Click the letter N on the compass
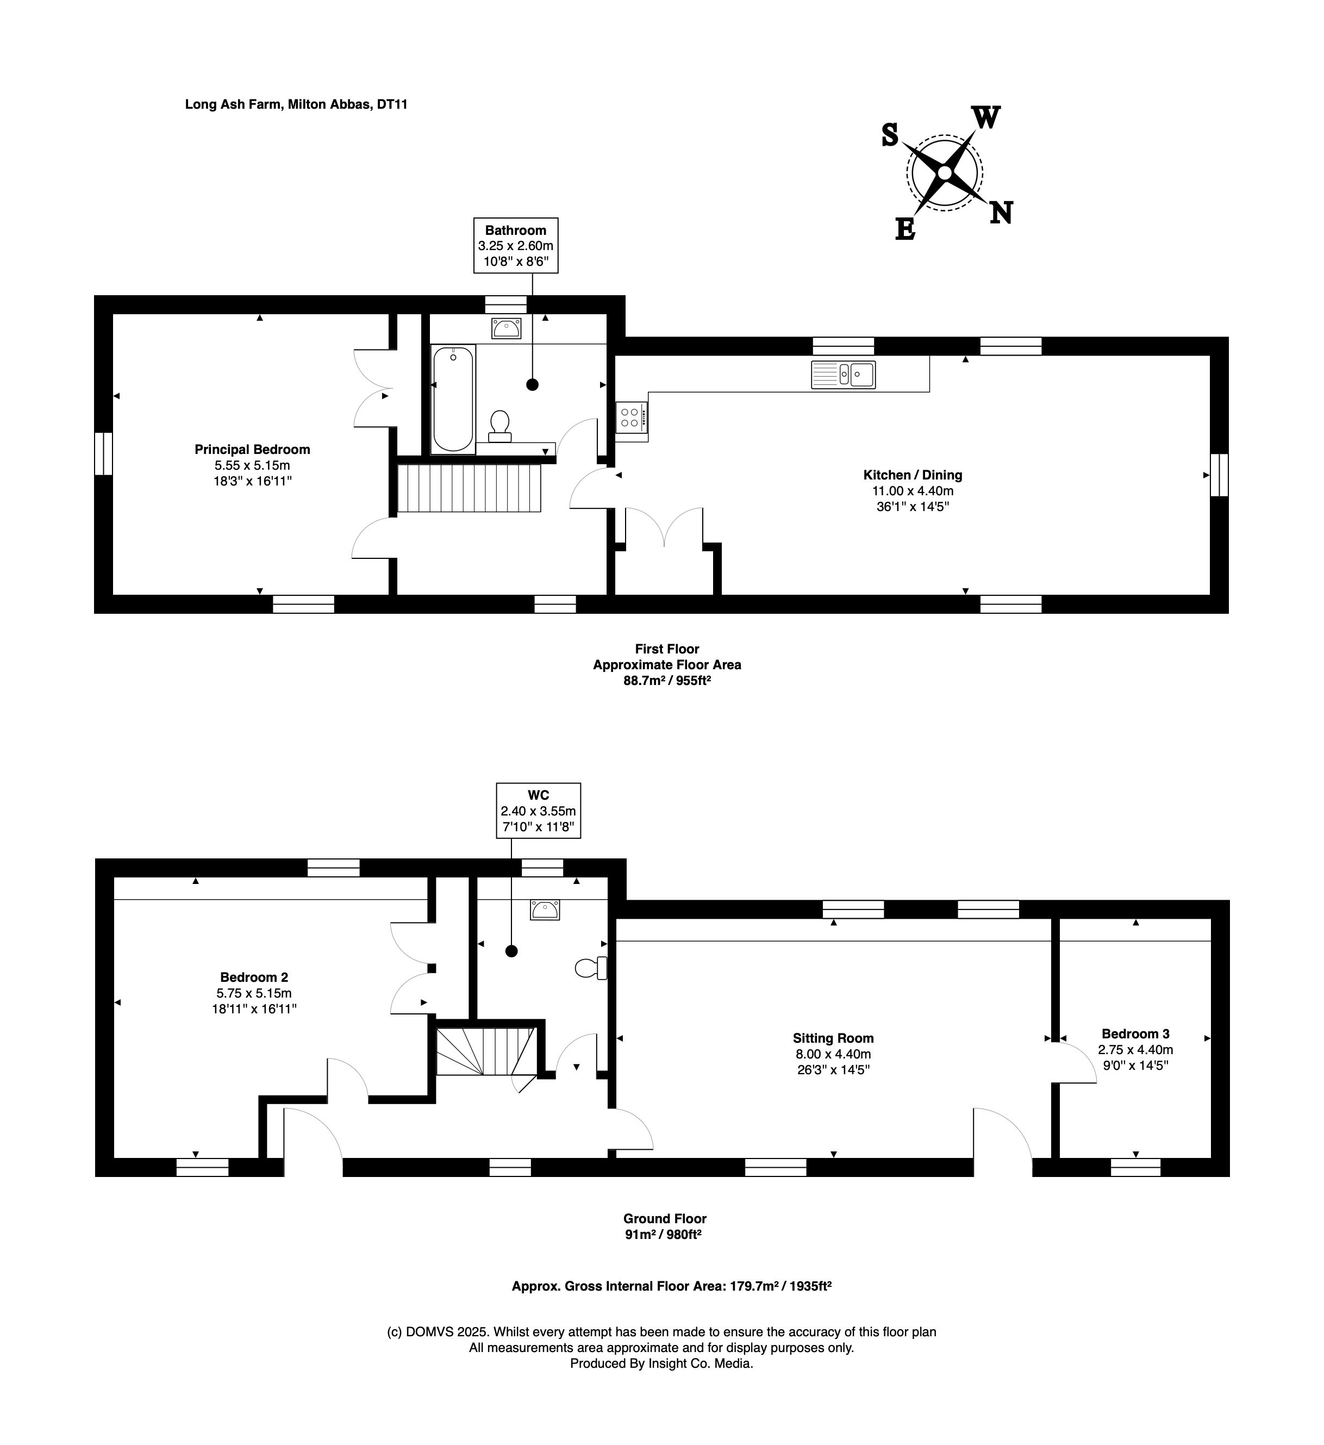(1001, 213)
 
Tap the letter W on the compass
(986, 117)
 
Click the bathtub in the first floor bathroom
(453, 398)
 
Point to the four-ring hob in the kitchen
(631, 418)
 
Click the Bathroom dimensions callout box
(515, 245)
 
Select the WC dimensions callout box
(538, 811)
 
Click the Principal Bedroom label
(252, 450)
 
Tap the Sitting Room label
(833, 1038)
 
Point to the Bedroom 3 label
(1135, 1033)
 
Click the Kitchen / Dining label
(912, 475)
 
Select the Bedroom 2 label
(254, 977)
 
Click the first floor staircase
(469, 488)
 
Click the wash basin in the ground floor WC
(545, 910)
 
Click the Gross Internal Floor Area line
(671, 1286)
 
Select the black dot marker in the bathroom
(532, 384)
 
